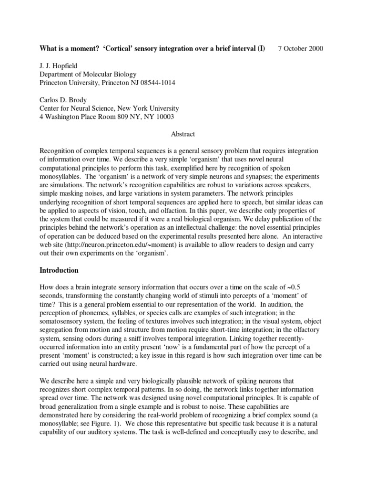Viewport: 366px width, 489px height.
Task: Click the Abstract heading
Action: point(183,135)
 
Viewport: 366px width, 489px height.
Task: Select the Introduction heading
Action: point(59,270)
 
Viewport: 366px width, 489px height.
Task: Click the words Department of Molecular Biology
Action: point(87,74)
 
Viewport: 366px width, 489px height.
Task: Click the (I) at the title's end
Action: point(261,49)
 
